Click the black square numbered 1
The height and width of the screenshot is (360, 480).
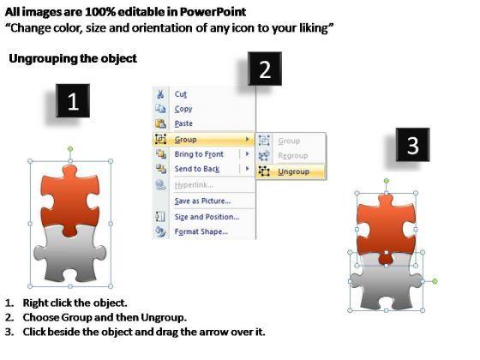pyautogui.click(x=73, y=101)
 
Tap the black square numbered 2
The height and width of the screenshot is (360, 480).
pyautogui.click(x=265, y=69)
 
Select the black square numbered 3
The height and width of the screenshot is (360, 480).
pyautogui.click(x=412, y=145)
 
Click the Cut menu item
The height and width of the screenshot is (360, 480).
pyautogui.click(x=181, y=94)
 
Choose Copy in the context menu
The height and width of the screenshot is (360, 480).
pyautogui.click(x=183, y=109)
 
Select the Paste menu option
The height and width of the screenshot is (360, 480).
pyautogui.click(x=183, y=123)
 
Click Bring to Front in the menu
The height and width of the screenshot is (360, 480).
pyautogui.click(x=199, y=154)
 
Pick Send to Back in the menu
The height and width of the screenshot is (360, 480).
pyautogui.click(x=197, y=169)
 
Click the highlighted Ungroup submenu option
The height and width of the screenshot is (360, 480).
pyautogui.click(x=293, y=171)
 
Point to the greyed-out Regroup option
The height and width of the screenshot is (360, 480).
pyautogui.click(x=293, y=156)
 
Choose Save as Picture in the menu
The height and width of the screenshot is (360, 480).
pyautogui.click(x=202, y=201)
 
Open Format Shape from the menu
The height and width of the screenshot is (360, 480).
pyautogui.click(x=201, y=231)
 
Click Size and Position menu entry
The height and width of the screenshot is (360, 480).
pyautogui.click(x=207, y=217)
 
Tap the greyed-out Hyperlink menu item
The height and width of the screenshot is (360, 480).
pyautogui.click(x=194, y=185)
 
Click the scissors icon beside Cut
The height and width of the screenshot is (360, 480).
pyautogui.click(x=160, y=94)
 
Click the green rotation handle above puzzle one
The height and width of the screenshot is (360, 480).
pyautogui.click(x=70, y=149)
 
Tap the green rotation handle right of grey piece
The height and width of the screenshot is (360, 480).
pyautogui.click(x=435, y=281)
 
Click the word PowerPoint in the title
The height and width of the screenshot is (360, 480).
pyautogui.click(x=213, y=12)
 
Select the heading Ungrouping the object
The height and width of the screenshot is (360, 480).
pyautogui.click(x=73, y=58)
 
